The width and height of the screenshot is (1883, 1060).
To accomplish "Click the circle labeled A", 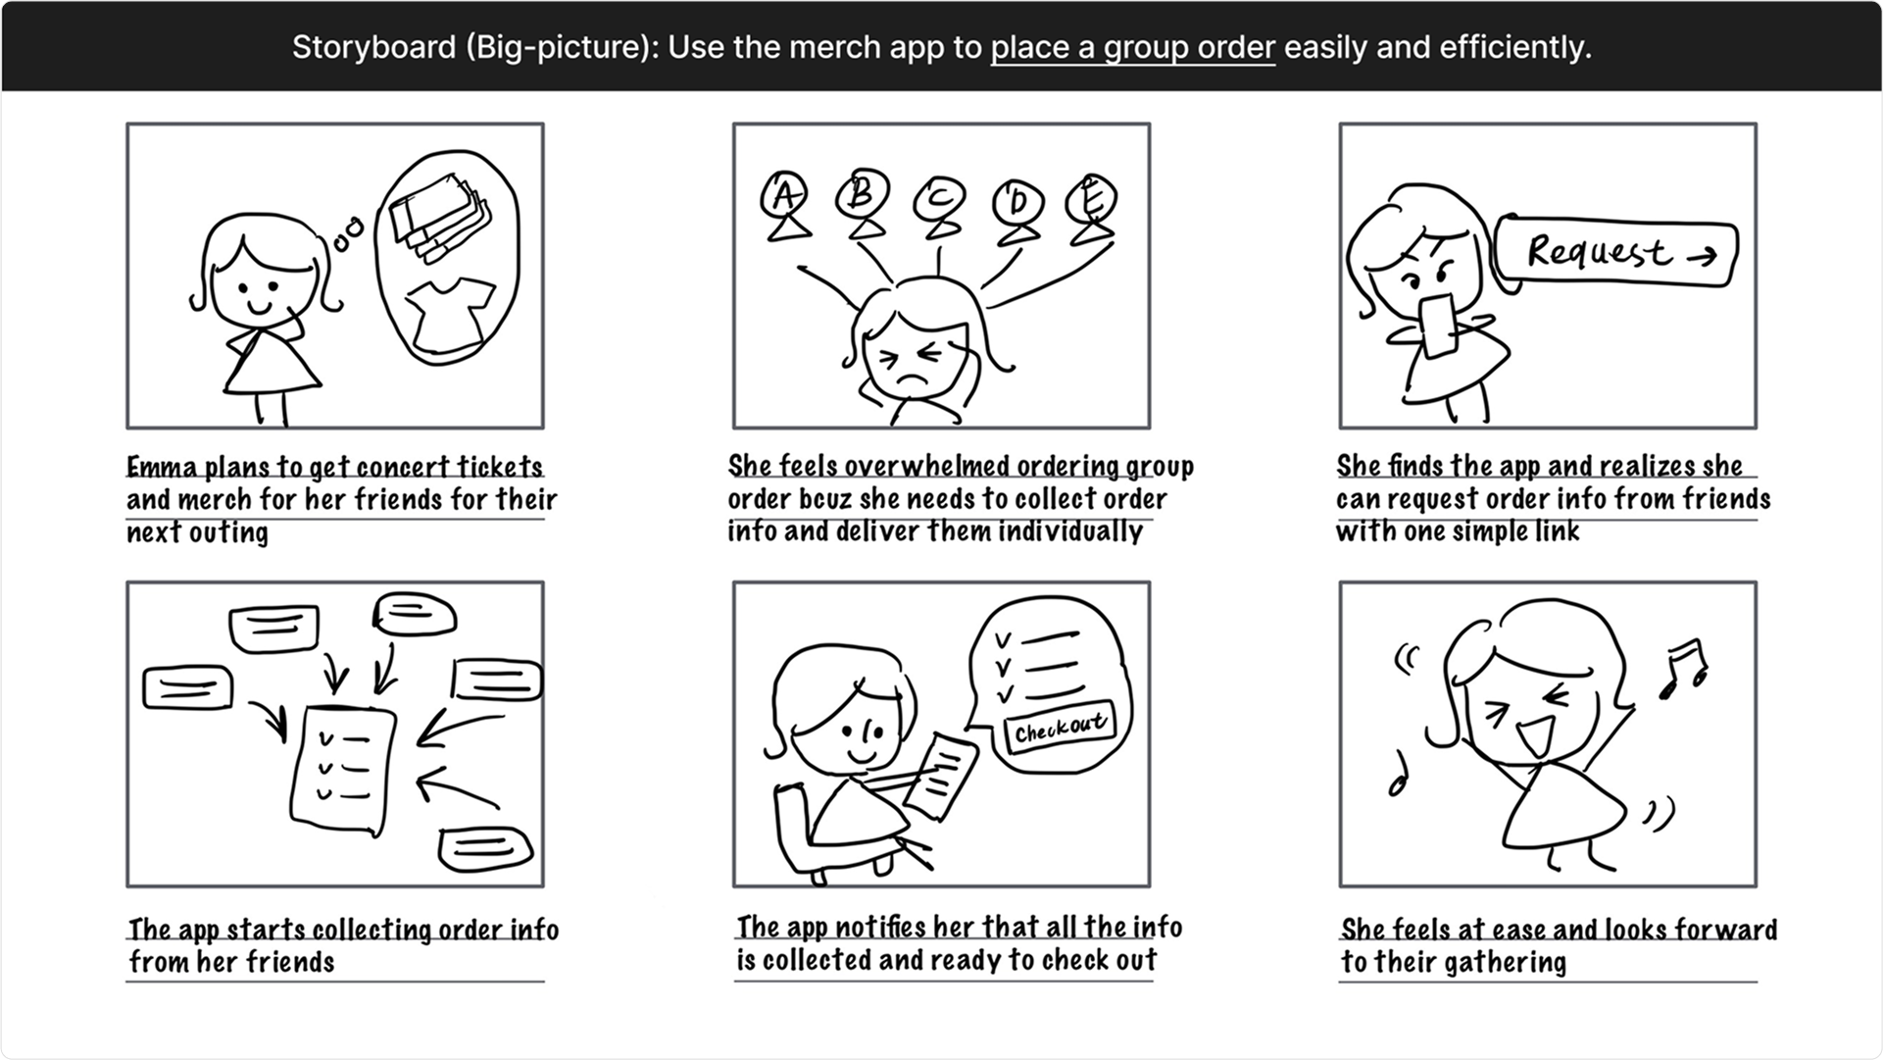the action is (x=784, y=195).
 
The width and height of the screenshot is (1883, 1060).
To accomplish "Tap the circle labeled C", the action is (x=939, y=199).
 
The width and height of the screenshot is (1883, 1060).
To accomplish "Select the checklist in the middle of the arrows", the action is (x=343, y=770).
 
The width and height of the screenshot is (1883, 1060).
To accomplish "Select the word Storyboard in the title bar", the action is (x=373, y=47).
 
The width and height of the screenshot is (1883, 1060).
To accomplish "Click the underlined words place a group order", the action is (x=1133, y=47).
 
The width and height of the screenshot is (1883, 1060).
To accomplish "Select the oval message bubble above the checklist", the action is (x=415, y=614).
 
